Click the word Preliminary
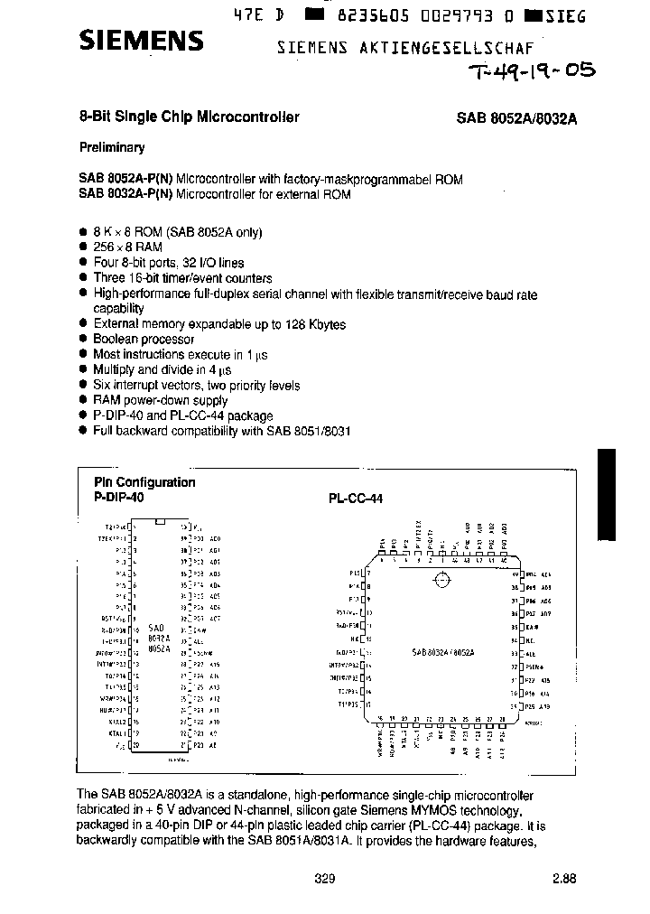111,147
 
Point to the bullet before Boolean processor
82,340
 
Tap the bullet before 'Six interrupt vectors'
82,386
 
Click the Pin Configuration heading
144,482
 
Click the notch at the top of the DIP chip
160,521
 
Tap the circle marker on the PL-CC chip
441,581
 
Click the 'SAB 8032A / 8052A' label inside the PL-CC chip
442,651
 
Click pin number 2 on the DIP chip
135,537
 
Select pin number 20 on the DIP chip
135,746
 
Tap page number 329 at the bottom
325,878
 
